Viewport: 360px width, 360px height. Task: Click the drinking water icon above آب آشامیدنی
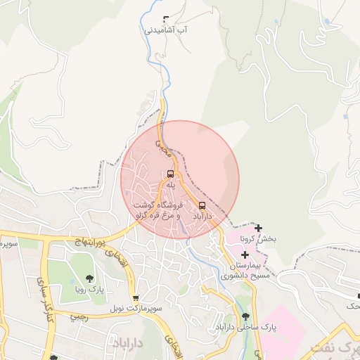(166, 20)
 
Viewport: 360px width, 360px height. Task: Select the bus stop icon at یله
(170, 174)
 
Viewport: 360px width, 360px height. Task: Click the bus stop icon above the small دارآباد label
(202, 205)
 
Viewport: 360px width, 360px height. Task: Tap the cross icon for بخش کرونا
(259, 228)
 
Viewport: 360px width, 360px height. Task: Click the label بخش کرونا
(259, 239)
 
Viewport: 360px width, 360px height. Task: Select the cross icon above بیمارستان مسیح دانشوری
(244, 254)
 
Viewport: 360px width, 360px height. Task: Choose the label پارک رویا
(89, 289)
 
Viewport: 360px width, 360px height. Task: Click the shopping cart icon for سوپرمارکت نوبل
(135, 298)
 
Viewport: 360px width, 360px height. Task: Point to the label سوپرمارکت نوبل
(136, 309)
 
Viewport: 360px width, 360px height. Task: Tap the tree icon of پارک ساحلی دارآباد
(245, 316)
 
